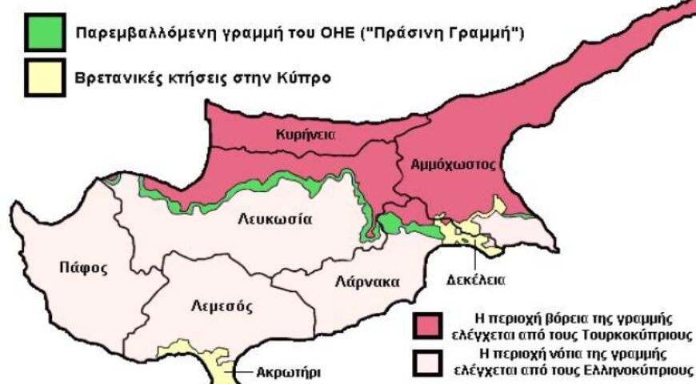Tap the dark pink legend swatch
428,326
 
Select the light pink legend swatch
428,362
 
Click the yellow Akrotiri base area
214,364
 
